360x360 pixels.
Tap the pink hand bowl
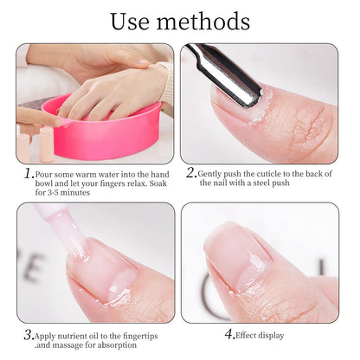(104, 130)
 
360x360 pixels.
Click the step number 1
(29, 173)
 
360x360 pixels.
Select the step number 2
(191, 172)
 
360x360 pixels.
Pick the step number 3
(29, 335)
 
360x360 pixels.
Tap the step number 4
(228, 335)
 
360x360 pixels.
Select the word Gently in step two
(210, 173)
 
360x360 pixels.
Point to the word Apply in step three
(47, 335)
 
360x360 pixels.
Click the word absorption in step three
(116, 344)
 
